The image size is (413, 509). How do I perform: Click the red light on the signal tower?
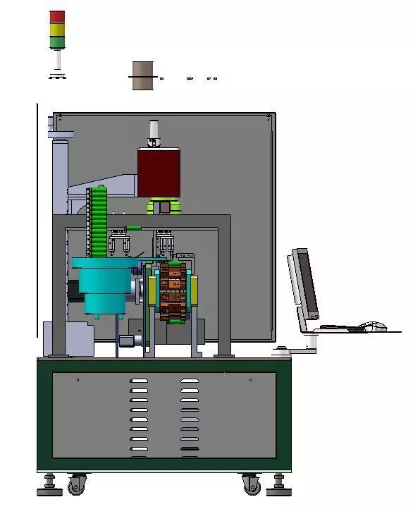[x=57, y=16]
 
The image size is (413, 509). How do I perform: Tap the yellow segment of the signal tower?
[x=57, y=30]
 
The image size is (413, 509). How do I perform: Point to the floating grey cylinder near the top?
[x=142, y=75]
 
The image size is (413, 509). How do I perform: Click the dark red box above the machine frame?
[x=159, y=171]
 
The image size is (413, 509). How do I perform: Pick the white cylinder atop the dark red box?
[x=154, y=132]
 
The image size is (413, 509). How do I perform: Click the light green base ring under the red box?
[x=164, y=207]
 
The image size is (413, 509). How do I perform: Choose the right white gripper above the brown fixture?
[x=165, y=243]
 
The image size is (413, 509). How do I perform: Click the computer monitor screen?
[x=305, y=282]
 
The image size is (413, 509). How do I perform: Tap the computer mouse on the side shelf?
[x=374, y=326]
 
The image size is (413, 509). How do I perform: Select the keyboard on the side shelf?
[x=336, y=328]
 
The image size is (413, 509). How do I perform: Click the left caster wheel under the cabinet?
[x=76, y=485]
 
